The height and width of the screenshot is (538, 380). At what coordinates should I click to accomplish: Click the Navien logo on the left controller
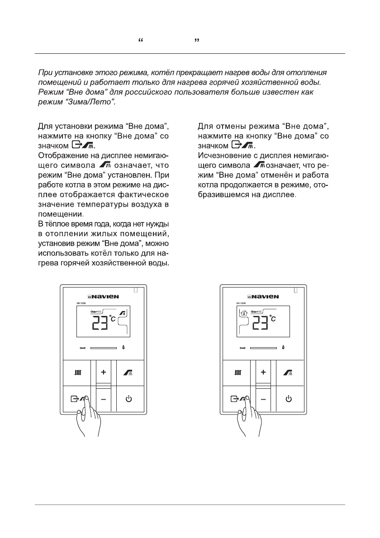point(103,297)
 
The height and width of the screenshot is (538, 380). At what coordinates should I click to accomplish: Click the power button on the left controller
point(129,399)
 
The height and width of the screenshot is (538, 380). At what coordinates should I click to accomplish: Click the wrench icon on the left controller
point(82,348)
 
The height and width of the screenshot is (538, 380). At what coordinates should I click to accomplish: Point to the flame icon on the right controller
point(284,348)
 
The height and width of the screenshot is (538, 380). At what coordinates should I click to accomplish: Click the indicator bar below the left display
point(104,348)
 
